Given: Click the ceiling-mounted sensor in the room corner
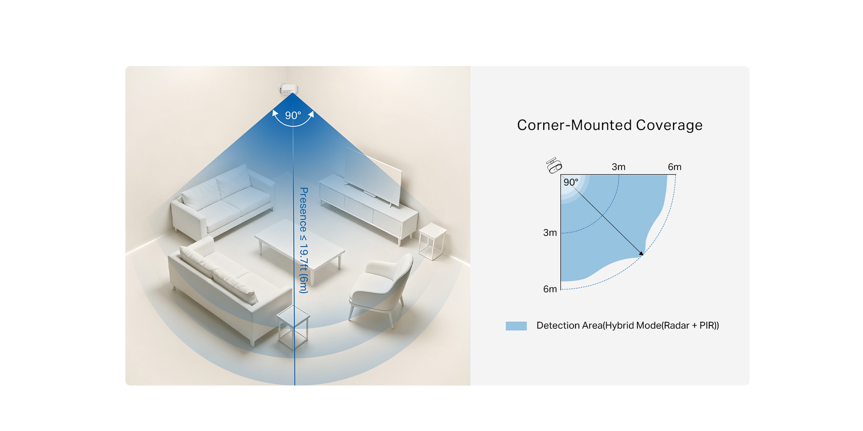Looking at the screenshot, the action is pyautogui.click(x=289, y=89).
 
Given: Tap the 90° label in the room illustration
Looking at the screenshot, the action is pyautogui.click(x=293, y=116).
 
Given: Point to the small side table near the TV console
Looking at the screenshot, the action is pyautogui.click(x=433, y=241).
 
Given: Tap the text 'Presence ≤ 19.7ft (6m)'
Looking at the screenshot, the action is pyautogui.click(x=303, y=240).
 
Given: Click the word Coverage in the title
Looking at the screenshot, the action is pyautogui.click(x=669, y=125).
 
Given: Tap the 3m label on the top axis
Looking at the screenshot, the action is pyautogui.click(x=618, y=167).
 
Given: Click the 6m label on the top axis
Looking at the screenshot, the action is pyautogui.click(x=674, y=167).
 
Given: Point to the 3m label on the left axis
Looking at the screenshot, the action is pyautogui.click(x=550, y=232).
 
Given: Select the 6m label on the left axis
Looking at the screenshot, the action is pyautogui.click(x=550, y=289).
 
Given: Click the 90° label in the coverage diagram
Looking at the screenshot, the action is pyautogui.click(x=571, y=182).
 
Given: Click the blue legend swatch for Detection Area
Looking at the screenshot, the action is pyautogui.click(x=516, y=326).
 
